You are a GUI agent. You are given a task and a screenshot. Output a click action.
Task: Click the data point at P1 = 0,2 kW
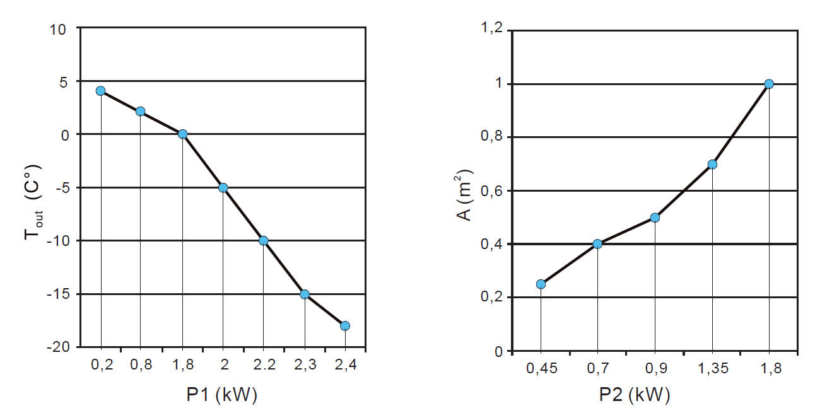tap(100, 91)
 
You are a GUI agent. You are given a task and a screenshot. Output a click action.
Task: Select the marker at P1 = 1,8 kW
tap(183, 134)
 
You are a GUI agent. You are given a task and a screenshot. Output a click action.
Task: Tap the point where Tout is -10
tap(264, 240)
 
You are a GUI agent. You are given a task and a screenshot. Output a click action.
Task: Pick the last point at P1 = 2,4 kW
tap(345, 325)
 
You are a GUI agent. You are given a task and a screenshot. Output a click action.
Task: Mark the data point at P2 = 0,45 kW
tap(541, 284)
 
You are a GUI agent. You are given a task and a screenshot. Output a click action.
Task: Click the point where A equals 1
tap(769, 84)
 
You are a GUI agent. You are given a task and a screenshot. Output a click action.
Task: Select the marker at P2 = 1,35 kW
tap(712, 164)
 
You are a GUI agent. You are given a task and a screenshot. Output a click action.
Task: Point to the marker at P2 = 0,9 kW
tap(655, 218)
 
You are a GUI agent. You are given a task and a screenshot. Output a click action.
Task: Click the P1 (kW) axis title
tap(221, 395)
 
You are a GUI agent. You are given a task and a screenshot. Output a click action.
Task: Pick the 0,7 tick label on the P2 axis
tap(597, 368)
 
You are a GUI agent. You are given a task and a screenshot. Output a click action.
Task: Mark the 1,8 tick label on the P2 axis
tap(769, 368)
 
